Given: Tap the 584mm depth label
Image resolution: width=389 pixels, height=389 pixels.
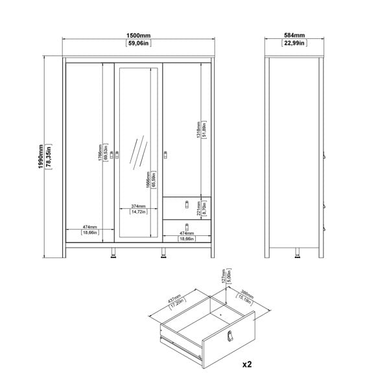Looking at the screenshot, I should click(295, 36).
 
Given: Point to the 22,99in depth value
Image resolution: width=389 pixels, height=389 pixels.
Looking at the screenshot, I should click(295, 44).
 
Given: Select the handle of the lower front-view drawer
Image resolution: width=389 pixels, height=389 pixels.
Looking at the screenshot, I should click(186, 226).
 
